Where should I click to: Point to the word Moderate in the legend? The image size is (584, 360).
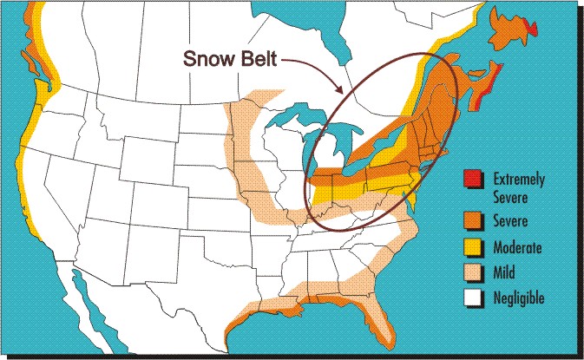(517, 247)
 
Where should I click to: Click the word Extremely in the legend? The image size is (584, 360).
(519, 179)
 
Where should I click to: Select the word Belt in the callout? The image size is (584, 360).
(262, 59)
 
